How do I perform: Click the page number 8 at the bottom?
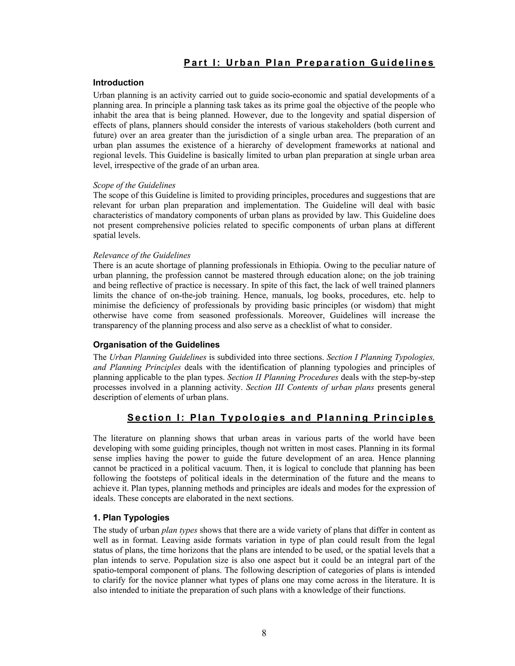point(264,633)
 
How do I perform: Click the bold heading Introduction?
point(118,83)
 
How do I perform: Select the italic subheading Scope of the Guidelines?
point(134,185)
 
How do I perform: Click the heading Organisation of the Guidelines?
point(156,345)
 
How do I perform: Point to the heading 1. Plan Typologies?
point(131,517)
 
